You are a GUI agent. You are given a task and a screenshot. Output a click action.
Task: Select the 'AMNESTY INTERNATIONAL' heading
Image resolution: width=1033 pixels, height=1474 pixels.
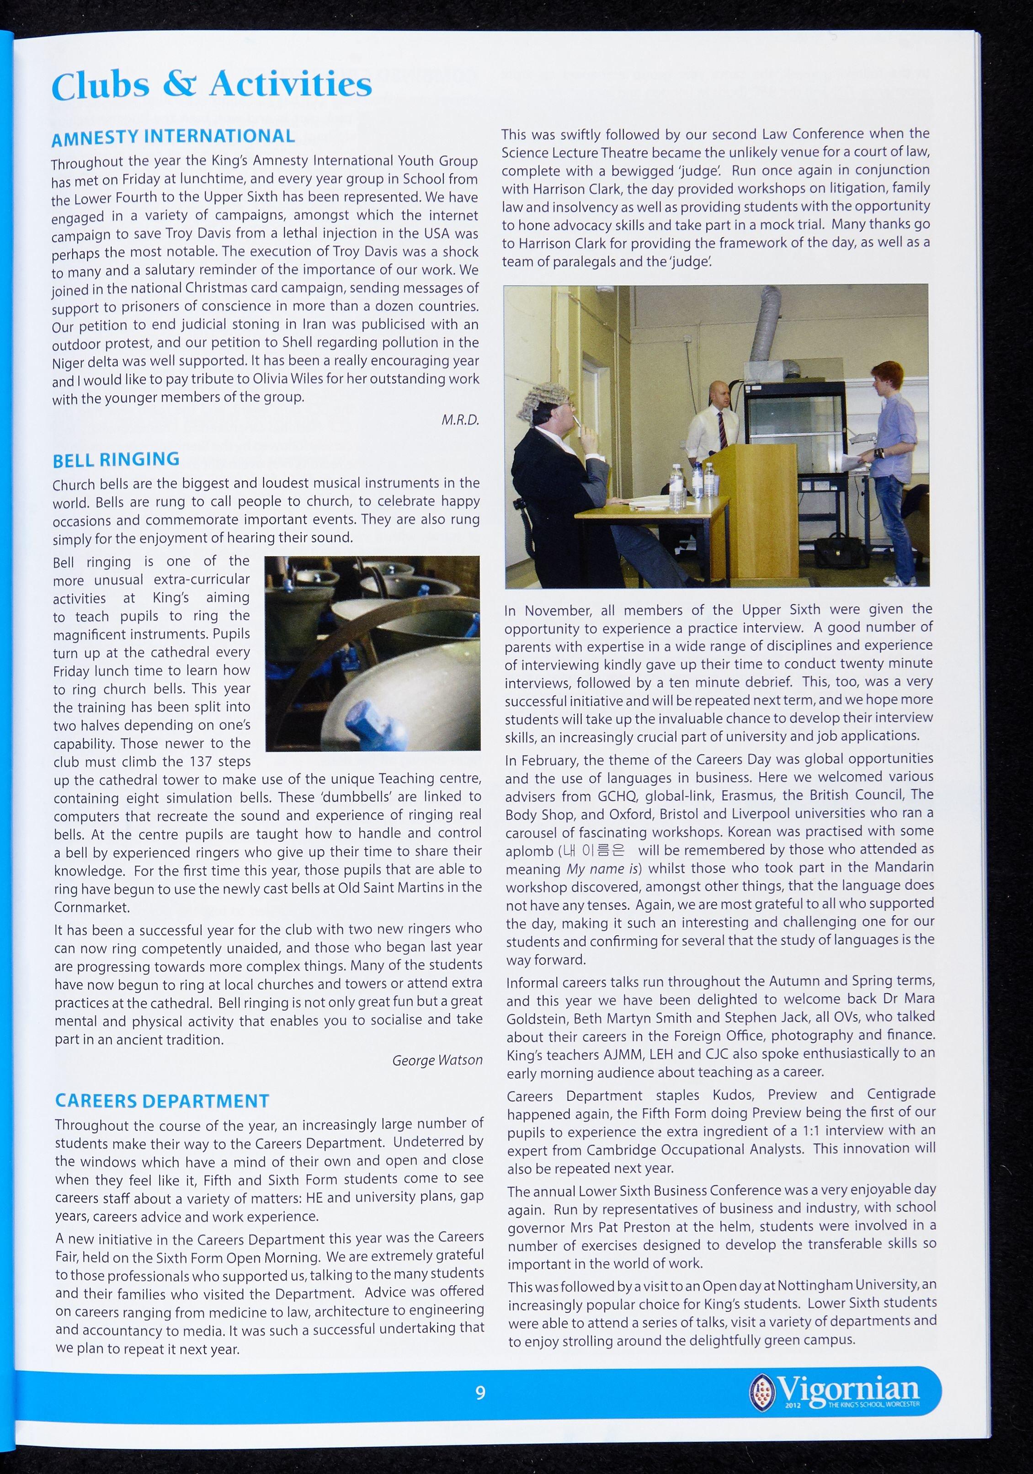pyautogui.click(x=173, y=137)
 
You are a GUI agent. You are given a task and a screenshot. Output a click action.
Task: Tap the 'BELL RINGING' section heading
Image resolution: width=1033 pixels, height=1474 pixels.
pyautogui.click(x=116, y=460)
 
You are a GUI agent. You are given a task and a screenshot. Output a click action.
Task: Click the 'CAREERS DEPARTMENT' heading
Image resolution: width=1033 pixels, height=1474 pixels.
pyautogui.click(x=162, y=1101)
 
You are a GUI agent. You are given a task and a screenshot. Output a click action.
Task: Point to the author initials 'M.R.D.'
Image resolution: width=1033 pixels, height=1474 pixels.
pyautogui.click(x=460, y=420)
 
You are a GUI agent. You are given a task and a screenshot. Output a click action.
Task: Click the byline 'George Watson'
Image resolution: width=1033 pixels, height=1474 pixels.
pyautogui.click(x=437, y=1060)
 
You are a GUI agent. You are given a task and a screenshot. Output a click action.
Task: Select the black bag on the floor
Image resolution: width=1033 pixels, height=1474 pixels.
pyautogui.click(x=838, y=552)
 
